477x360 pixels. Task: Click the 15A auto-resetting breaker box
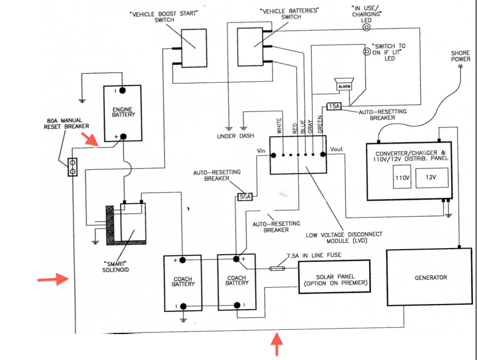coord(334,106)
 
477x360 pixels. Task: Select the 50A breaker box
coord(245,196)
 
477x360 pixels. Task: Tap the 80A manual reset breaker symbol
coord(73,167)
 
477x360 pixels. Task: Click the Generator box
coord(429,277)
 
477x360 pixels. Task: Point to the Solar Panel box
coord(334,277)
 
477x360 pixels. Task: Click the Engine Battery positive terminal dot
coord(123,136)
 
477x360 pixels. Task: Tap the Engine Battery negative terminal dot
coord(122,91)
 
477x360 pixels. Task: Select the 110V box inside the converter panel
coord(402,177)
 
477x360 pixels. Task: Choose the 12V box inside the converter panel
coord(432,177)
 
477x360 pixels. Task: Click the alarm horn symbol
coord(344,84)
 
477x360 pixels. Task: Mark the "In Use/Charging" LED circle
coord(366,27)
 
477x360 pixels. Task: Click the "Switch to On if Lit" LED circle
coord(367,51)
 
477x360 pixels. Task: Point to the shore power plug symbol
coord(460,66)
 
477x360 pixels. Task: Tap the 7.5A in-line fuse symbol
coord(277,268)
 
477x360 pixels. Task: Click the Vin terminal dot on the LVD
coord(273,155)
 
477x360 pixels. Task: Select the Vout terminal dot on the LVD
coord(323,154)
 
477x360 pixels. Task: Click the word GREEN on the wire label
coord(320,124)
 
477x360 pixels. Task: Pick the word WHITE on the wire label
coord(279,125)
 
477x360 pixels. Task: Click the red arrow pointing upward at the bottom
coord(277,343)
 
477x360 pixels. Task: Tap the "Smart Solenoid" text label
coord(115,267)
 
